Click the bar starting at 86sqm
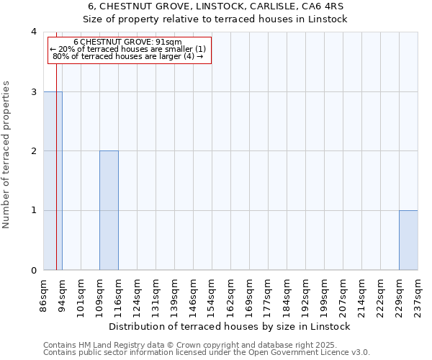point(53,181)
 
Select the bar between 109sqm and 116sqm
point(109,210)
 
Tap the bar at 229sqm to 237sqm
point(408,240)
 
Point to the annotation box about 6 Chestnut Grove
point(129,50)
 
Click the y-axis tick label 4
point(34,32)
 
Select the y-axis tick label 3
point(34,91)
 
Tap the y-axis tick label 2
point(34,151)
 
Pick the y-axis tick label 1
point(34,211)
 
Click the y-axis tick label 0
point(34,271)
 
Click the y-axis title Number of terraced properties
point(7,154)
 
